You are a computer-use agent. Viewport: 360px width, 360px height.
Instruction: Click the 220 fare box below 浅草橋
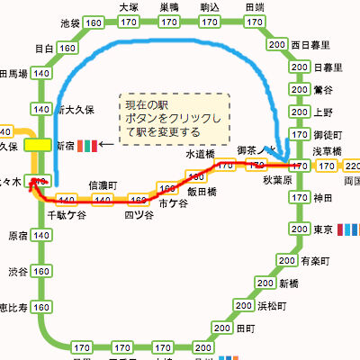click(351, 166)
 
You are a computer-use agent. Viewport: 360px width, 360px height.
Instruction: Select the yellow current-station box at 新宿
click(39, 144)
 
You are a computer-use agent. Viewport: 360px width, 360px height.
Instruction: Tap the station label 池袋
click(68, 21)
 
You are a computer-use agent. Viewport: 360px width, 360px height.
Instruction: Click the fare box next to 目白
click(66, 47)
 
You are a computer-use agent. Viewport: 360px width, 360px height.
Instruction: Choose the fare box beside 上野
click(300, 112)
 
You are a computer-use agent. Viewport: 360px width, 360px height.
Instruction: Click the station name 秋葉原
click(279, 179)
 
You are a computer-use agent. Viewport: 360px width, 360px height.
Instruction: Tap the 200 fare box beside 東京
click(300, 231)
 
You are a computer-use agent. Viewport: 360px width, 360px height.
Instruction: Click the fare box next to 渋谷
click(40, 271)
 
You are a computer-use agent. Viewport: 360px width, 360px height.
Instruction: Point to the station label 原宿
click(17, 236)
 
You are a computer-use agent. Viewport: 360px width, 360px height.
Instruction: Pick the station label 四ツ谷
click(139, 214)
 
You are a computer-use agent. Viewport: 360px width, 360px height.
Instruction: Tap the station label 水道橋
click(200, 154)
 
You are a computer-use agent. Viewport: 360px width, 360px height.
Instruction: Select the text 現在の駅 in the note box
click(148, 106)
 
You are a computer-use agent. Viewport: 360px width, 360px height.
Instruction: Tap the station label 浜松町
click(273, 305)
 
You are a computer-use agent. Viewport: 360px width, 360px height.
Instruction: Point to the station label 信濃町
click(103, 184)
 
